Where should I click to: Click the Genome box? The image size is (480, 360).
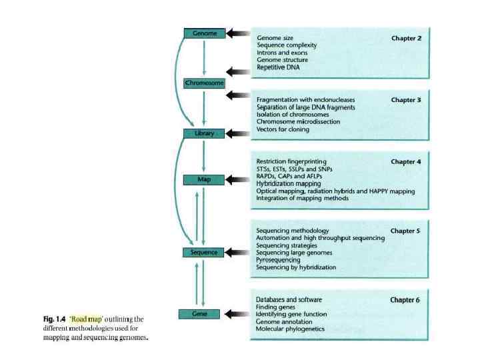204,33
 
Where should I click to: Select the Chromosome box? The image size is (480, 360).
204,83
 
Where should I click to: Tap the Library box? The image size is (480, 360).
204,133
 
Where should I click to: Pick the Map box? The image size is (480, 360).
204,180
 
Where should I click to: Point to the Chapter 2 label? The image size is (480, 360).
406,38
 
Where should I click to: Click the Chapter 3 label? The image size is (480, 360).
406,100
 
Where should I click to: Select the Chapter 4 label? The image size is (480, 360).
406,161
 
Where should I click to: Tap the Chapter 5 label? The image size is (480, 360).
406,231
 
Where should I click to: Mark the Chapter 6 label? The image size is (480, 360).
405,300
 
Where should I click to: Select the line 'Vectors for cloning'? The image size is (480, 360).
283,129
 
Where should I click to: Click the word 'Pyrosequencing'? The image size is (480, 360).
281,260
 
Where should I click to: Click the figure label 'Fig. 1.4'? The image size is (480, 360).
55,319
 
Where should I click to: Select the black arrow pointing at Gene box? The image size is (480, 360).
237,313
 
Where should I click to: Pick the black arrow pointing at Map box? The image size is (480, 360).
237,180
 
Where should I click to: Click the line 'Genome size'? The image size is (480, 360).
275,38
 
